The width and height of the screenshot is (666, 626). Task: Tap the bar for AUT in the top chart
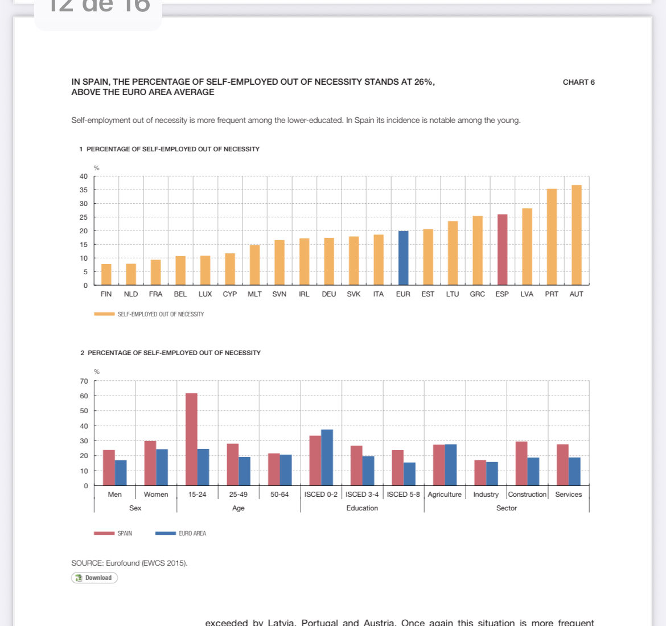click(x=577, y=234)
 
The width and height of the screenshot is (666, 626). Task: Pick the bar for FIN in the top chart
click(x=106, y=274)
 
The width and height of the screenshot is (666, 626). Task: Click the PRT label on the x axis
click(x=552, y=294)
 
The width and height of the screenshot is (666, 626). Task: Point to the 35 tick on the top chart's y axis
click(x=84, y=190)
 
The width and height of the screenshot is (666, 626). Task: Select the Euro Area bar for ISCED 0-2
click(x=327, y=458)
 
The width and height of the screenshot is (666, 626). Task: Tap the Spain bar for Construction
click(x=521, y=463)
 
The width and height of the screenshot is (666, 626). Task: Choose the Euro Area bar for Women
click(x=162, y=467)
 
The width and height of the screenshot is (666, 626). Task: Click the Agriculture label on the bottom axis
click(x=445, y=495)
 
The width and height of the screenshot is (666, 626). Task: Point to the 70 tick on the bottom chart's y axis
click(x=84, y=381)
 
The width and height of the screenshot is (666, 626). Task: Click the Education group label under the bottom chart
click(x=362, y=508)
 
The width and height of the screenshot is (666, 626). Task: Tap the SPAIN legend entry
click(x=114, y=533)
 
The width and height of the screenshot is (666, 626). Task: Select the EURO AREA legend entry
click(x=181, y=533)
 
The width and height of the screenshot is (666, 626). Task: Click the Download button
click(x=94, y=578)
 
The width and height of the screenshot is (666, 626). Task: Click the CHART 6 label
click(x=578, y=82)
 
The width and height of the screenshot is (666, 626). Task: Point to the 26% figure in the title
click(x=423, y=82)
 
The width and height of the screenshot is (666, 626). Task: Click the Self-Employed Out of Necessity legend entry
click(x=149, y=314)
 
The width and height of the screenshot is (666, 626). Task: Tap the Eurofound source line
click(x=129, y=563)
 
